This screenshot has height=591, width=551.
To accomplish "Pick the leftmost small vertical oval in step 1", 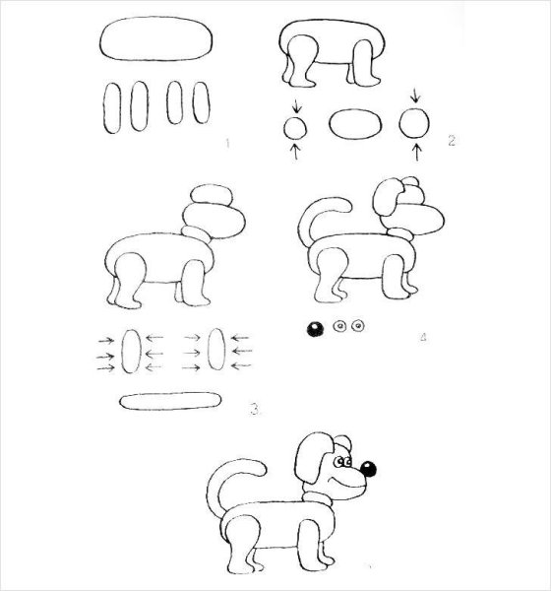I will pos(112,106).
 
